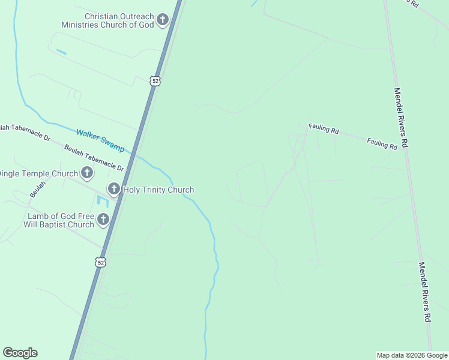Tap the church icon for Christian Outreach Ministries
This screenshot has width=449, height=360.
pyautogui.click(x=162, y=21)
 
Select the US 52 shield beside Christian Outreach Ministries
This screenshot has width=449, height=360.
pyautogui.click(x=155, y=81)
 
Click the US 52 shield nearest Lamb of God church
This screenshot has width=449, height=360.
pyautogui.click(x=101, y=262)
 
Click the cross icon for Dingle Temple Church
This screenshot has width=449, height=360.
pyautogui.click(x=87, y=174)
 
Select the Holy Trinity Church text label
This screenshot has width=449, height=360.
pyautogui.click(x=158, y=190)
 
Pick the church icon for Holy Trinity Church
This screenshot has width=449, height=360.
pyautogui.click(x=114, y=190)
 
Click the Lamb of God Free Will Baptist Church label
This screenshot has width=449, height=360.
pyautogui.click(x=61, y=220)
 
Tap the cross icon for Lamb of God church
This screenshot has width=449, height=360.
pyautogui.click(x=103, y=220)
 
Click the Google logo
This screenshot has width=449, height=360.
pyautogui.click(x=20, y=353)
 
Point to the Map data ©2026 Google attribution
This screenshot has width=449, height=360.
pyautogui.click(x=412, y=355)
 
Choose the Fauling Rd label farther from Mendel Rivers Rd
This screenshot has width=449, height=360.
pyautogui.click(x=324, y=128)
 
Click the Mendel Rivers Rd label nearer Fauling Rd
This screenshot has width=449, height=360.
pyautogui.click(x=401, y=118)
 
